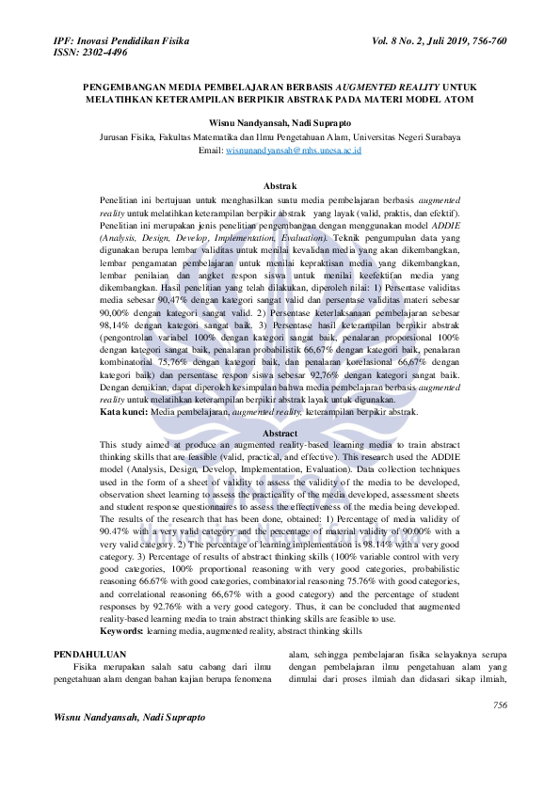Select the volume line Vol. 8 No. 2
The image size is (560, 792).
coord(405,43)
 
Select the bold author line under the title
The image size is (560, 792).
coord(280,122)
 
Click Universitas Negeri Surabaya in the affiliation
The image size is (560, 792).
coord(413,136)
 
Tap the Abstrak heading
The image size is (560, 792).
coord(280,187)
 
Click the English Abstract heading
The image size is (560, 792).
coord(280,433)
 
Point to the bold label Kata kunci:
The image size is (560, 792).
coord(122,411)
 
